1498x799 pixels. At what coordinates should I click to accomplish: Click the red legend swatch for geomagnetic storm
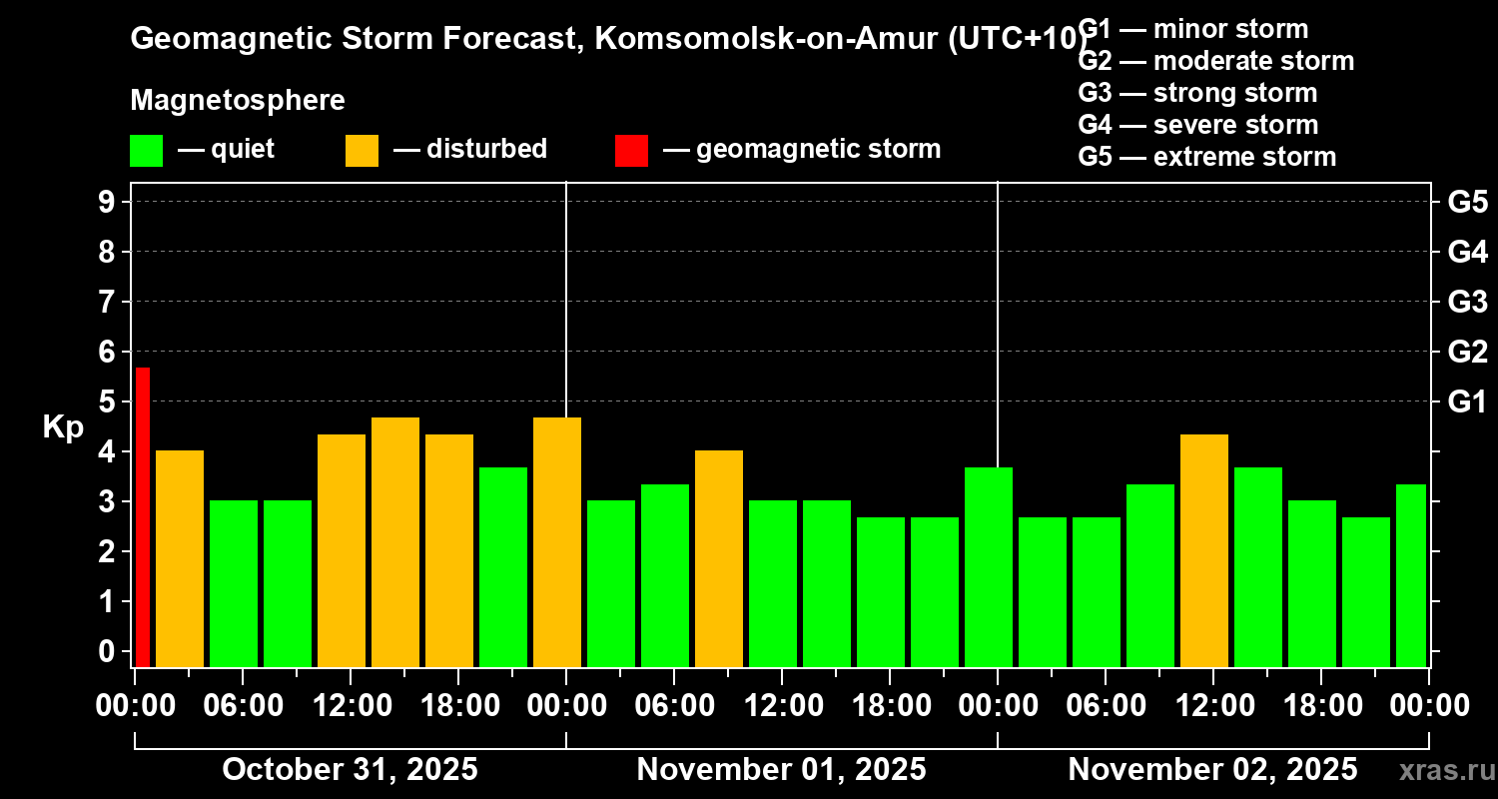631,150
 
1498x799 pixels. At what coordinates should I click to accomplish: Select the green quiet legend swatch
146,150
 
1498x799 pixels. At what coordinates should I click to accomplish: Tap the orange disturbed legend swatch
362,150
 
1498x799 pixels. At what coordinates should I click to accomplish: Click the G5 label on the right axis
1467,202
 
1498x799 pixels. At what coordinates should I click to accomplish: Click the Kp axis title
63,427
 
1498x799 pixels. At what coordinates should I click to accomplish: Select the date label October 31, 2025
350,770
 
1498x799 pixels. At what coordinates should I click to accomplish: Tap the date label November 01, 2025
781,770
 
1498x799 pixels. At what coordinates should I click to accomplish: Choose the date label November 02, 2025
1212,770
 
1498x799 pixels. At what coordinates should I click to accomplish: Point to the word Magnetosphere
238,101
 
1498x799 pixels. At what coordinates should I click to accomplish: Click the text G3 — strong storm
1197,93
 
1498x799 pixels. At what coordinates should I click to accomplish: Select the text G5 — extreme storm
1206,157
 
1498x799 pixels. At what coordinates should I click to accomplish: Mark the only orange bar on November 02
1204,550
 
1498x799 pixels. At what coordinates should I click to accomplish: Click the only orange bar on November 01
719,558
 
